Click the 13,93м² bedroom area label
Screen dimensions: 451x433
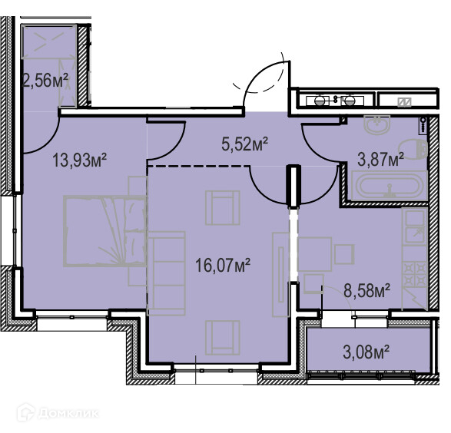pos(80,160)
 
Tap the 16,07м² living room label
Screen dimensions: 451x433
pos(223,265)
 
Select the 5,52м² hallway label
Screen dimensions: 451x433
pos(245,144)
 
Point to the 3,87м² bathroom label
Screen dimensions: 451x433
pos(380,159)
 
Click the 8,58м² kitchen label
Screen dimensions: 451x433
pos(366,290)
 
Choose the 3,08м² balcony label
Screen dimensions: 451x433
pos(366,352)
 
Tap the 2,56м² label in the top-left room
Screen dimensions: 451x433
pos(45,80)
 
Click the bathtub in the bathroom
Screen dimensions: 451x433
pos(390,185)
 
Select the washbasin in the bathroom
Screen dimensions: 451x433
pos(377,124)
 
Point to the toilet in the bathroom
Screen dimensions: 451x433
pos(413,149)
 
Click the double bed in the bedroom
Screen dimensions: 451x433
pos(104,231)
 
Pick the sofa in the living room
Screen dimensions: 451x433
pos(166,273)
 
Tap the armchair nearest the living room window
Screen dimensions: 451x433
pos(222,338)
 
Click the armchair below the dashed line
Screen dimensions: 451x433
pos(222,208)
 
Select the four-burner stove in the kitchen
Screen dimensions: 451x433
pos(414,275)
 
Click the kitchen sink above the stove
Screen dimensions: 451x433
pos(414,226)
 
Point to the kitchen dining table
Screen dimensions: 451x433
pos(314,254)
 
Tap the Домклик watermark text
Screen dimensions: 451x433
pos(68,414)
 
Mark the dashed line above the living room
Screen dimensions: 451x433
pos(198,166)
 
